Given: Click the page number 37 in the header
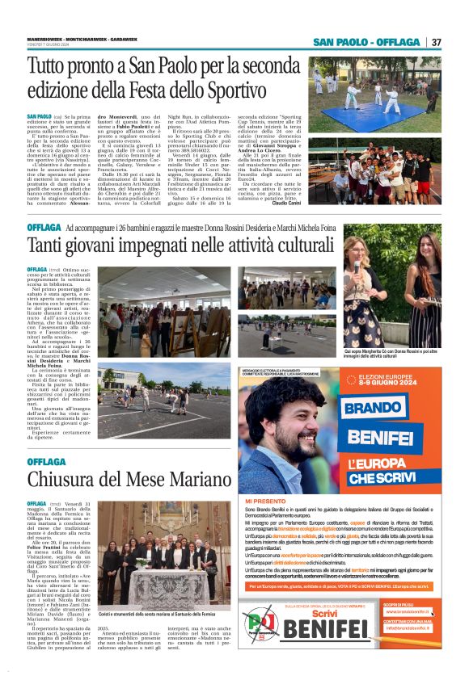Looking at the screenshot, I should tap(436, 43).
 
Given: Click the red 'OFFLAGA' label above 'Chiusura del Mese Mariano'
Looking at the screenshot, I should tap(46, 461).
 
